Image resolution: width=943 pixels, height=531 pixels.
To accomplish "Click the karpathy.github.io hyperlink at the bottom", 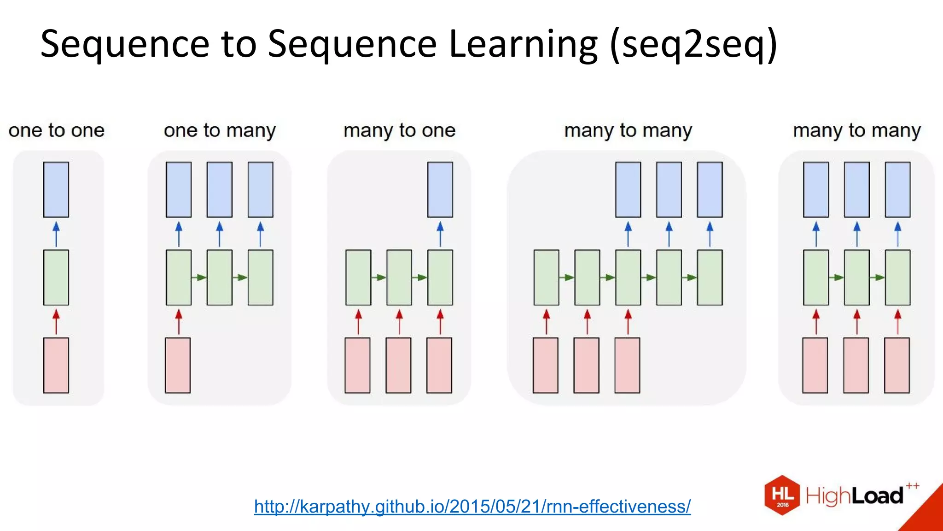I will [472, 507].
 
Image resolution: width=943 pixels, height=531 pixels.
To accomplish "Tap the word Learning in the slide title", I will [523, 45].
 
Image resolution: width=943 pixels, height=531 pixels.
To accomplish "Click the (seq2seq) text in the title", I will [693, 45].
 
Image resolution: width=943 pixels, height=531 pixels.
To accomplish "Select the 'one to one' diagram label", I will [57, 130].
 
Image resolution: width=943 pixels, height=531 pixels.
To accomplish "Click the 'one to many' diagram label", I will [220, 130].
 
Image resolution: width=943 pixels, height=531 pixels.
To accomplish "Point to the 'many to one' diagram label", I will [399, 130].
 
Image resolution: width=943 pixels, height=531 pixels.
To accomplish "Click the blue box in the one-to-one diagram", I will [56, 189].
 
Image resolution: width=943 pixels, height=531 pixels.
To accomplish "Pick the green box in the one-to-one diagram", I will [56, 277].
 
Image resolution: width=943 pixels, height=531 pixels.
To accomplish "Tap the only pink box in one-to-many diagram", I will [178, 365].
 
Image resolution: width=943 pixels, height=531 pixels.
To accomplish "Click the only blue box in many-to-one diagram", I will [440, 189].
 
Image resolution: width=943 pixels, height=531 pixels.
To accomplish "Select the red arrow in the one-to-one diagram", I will [56, 321].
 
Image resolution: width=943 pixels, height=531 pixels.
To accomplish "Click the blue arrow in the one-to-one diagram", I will [56, 234].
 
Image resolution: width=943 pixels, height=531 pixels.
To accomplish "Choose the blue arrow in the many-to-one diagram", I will [440, 234].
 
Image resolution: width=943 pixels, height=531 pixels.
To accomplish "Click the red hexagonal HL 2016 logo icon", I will [782, 495].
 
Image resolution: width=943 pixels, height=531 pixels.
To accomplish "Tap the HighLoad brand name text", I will [855, 496].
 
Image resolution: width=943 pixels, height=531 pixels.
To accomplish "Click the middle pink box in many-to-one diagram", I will [398, 365].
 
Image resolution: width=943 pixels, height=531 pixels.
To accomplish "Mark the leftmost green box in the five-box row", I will [546, 277].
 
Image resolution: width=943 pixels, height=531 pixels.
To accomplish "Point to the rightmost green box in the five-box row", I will [710, 277].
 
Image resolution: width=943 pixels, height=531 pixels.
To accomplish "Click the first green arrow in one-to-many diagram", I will [199, 277].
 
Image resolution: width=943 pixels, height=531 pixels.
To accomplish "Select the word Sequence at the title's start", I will [125, 45].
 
